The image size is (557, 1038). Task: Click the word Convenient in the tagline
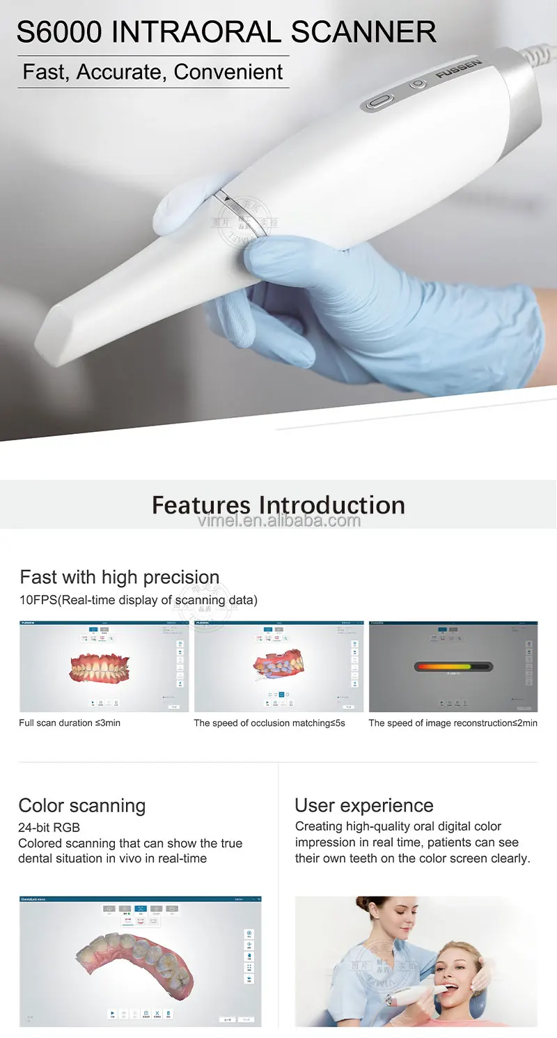point(228,72)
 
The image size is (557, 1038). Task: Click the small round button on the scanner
point(417,84)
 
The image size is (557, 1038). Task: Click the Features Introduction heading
point(278,504)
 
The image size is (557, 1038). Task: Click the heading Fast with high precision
point(119,578)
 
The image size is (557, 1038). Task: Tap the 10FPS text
point(39,600)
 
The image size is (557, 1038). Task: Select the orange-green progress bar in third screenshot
point(453,667)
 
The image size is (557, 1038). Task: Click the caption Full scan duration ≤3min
point(70,723)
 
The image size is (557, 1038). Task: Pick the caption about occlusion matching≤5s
point(269,723)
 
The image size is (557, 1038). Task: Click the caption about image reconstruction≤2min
point(453,723)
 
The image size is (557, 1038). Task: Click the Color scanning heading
point(81,806)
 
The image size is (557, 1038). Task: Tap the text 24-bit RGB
point(49,828)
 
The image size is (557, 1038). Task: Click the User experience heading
point(363,806)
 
